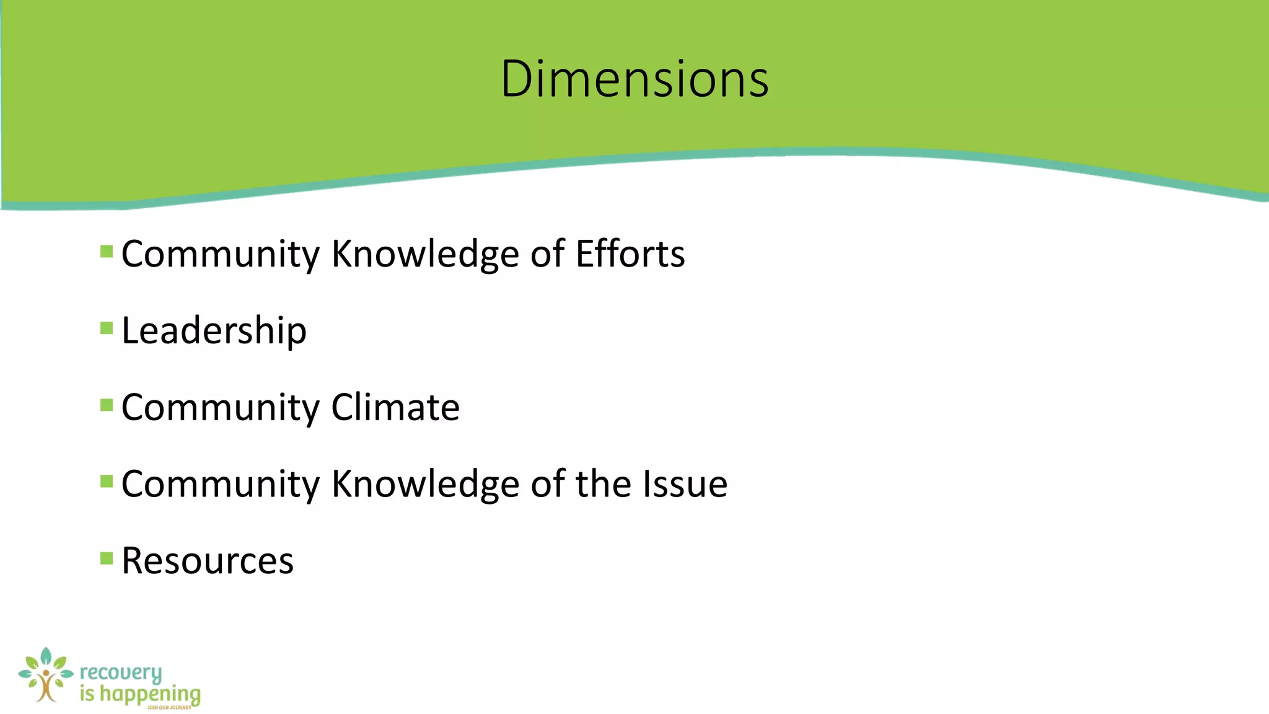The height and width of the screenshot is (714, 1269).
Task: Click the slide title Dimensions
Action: (634, 79)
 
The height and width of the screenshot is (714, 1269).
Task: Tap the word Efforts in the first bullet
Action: (630, 253)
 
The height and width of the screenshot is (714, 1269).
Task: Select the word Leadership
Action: (214, 330)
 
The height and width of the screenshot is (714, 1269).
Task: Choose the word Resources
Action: (208, 560)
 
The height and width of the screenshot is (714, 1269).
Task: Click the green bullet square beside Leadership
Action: (107, 328)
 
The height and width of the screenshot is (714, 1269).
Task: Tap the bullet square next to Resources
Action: (107, 558)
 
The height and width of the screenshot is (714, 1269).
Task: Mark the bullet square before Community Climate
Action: (107, 405)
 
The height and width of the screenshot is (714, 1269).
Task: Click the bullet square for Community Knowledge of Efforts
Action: (107, 252)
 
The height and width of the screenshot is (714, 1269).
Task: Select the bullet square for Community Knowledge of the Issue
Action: (107, 482)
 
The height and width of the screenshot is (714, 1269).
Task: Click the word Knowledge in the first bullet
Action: (425, 253)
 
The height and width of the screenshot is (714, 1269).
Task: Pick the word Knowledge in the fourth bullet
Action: (425, 483)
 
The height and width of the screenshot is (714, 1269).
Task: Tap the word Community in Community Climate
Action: (220, 407)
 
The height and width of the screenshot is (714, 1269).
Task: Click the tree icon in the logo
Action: (45, 676)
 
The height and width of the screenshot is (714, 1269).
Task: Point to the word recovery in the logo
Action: (121, 673)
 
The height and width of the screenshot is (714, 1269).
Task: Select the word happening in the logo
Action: (150, 694)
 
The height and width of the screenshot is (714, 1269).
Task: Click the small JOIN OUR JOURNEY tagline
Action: (169, 707)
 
